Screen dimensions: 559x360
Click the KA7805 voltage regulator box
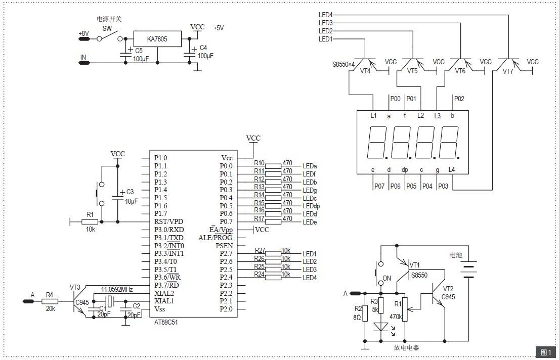(157, 39)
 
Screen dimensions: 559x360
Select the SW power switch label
(107, 28)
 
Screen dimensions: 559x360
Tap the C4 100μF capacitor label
(205, 52)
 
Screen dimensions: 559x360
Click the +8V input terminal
(84, 38)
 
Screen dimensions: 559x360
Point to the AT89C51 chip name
(166, 322)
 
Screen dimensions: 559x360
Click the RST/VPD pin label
(168, 221)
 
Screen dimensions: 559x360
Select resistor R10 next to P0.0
(273, 166)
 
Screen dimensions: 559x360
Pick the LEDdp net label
(311, 206)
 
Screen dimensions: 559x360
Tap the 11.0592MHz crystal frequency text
(117, 289)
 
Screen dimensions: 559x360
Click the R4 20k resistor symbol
(50, 301)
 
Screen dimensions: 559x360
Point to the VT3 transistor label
(75, 287)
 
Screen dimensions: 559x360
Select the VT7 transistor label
(508, 71)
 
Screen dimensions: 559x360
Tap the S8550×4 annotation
(343, 65)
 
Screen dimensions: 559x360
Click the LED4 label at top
(325, 15)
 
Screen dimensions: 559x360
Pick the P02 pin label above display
(459, 99)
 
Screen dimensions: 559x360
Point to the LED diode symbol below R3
(381, 327)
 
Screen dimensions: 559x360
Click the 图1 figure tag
(546, 352)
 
